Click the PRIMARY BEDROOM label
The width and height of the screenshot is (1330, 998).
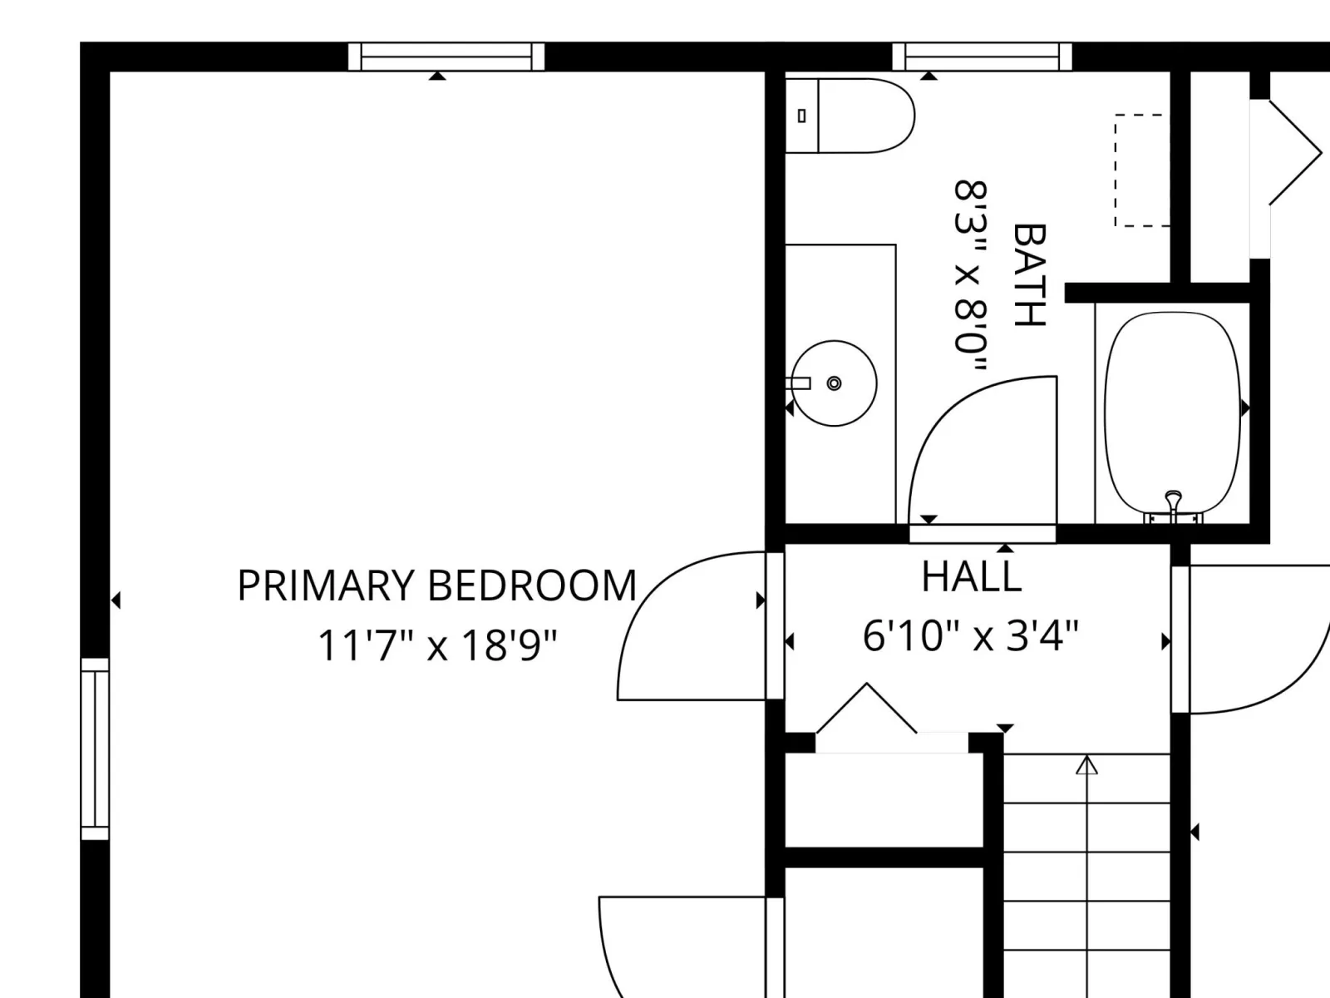pyautogui.click(x=437, y=585)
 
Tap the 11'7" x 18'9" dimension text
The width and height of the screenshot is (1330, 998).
pyautogui.click(x=437, y=645)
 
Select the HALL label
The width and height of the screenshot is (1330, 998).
pyautogui.click(x=971, y=576)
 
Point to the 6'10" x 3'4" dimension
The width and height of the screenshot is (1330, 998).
pyautogui.click(x=971, y=636)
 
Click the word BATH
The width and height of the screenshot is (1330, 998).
pyautogui.click(x=1029, y=275)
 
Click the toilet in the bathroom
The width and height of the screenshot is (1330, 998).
pyautogui.click(x=850, y=115)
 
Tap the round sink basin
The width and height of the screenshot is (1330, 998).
pyautogui.click(x=835, y=383)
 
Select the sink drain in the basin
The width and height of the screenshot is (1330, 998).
pyautogui.click(x=835, y=383)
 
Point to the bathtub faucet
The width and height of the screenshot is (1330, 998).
pyautogui.click(x=1174, y=504)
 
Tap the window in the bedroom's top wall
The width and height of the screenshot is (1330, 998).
pyautogui.click(x=446, y=57)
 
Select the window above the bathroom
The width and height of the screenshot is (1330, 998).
pyautogui.click(x=982, y=57)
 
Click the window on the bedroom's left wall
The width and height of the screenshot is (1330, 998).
pyautogui.click(x=95, y=749)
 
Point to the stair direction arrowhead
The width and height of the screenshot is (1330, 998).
pyautogui.click(x=1087, y=766)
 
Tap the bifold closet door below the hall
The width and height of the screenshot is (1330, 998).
pyautogui.click(x=866, y=709)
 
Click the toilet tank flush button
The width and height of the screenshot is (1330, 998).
pyautogui.click(x=801, y=115)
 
